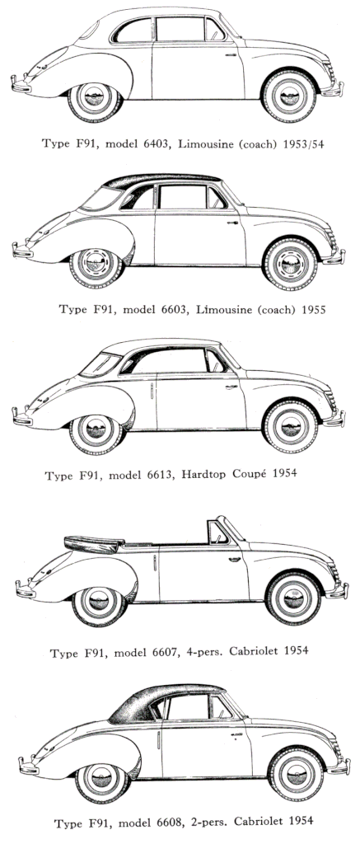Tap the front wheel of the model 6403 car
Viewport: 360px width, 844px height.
288,96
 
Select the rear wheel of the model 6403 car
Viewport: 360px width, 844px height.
96,98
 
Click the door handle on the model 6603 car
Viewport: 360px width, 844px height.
232,223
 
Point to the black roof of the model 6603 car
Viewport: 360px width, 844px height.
161,180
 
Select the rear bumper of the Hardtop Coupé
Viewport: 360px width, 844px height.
22,416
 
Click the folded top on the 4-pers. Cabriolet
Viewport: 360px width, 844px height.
94,544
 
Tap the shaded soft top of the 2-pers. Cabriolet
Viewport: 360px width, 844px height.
161,700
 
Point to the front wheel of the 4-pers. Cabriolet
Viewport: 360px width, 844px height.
293,598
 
